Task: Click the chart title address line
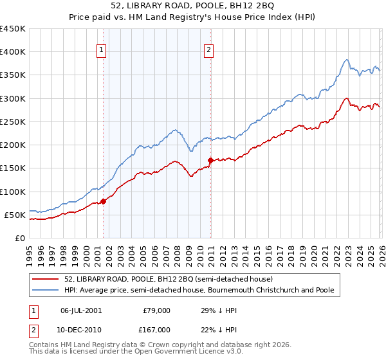193,6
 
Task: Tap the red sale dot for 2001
103,201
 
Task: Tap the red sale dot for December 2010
210,160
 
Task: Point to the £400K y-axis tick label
13,52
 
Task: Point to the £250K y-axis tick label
13,122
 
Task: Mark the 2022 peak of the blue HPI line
347,60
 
